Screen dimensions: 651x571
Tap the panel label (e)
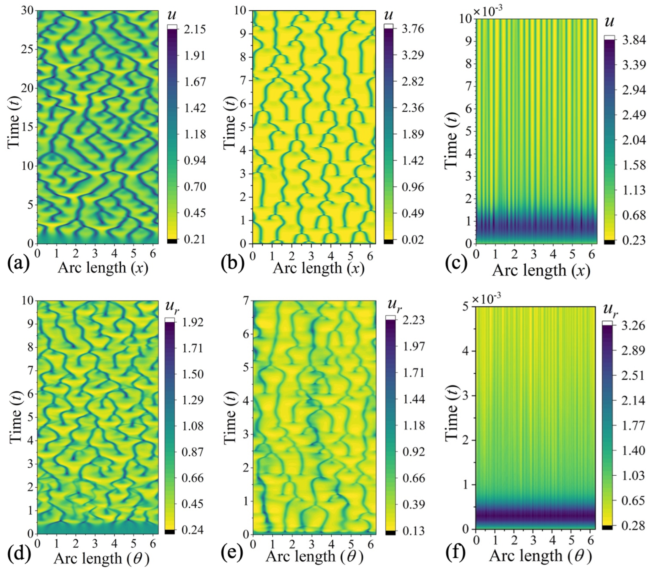coord(232,553)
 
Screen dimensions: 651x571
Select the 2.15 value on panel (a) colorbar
coord(195,29)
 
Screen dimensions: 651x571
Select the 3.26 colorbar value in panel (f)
coord(633,326)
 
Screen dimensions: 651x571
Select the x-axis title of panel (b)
coord(318,268)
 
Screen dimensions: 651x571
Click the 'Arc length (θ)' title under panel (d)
coord(101,558)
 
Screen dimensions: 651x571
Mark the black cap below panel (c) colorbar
coord(609,242)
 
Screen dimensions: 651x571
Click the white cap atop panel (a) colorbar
coord(172,27)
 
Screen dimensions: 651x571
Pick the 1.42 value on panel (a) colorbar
coord(195,108)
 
